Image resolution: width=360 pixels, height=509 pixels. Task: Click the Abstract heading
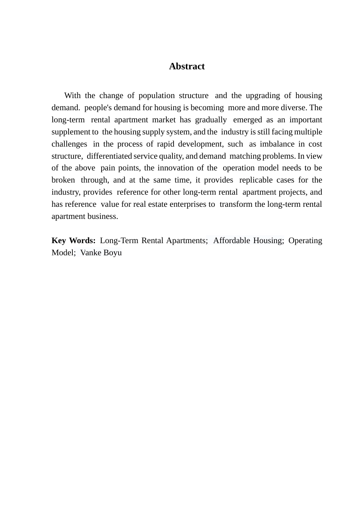pos(187,66)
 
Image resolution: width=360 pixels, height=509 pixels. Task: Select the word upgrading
pos(263,95)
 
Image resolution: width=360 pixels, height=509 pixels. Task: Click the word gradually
pos(211,120)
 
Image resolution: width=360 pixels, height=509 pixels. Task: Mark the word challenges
pos(69,144)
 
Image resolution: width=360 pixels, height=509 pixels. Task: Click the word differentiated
pos(109,156)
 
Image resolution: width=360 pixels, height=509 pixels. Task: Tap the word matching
pos(245,156)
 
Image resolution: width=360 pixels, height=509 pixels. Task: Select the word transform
pos(236,204)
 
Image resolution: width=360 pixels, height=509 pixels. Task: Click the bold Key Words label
pos(74,240)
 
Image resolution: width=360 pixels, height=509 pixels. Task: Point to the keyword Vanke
pos(91,253)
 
